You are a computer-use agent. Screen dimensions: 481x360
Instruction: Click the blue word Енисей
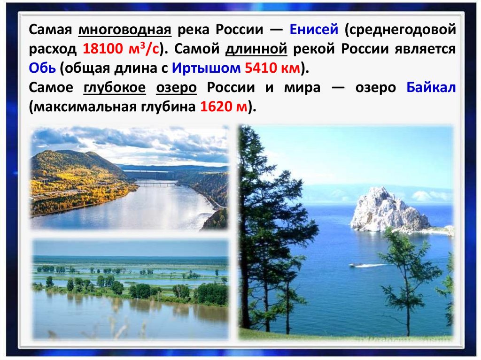314,30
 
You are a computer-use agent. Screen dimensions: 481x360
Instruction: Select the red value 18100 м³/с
121,49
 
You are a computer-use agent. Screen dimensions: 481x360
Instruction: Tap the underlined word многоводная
125,30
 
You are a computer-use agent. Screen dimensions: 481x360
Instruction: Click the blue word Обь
42,68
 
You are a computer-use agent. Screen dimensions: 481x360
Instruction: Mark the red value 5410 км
272,68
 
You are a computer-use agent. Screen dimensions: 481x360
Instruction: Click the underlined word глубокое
115,88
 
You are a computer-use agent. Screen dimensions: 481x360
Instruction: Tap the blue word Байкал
431,87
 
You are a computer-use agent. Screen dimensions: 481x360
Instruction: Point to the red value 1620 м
224,107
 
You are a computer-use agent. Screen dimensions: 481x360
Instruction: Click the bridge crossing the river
156,184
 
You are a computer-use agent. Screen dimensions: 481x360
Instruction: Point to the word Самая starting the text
50,30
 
